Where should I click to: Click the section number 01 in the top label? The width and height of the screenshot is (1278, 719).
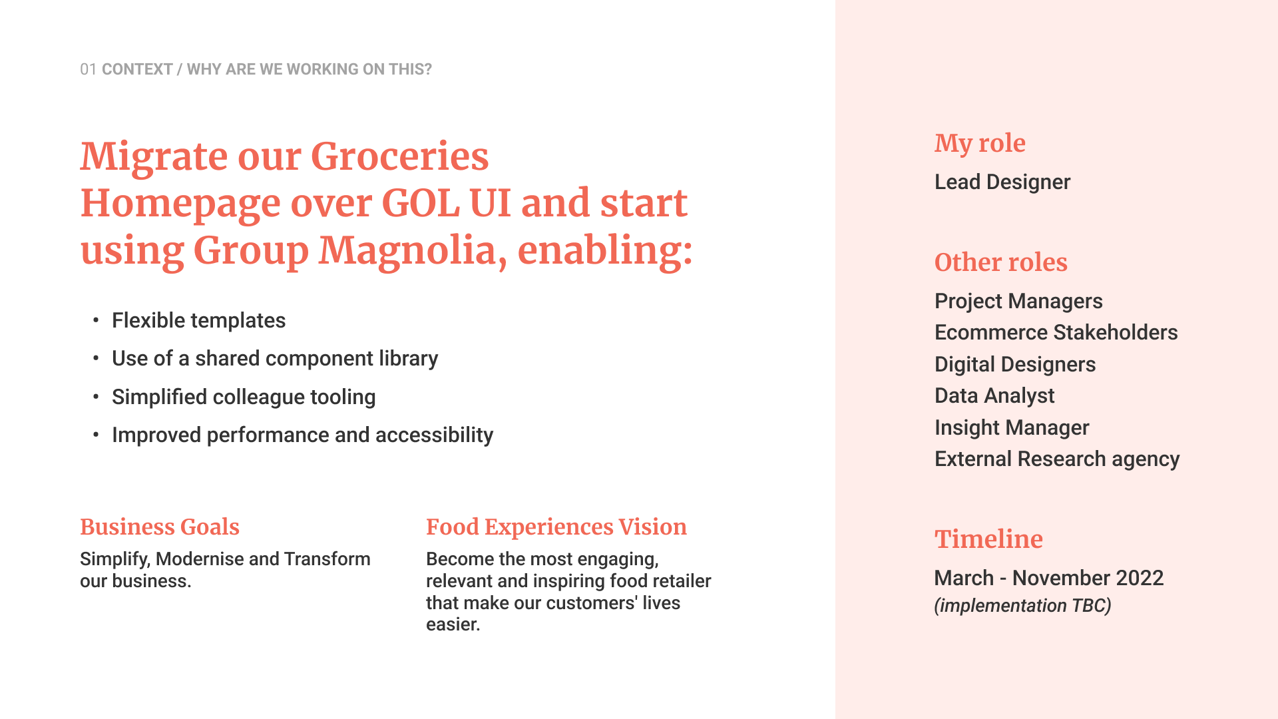pos(89,69)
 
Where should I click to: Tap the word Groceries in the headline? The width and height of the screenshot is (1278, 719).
pos(399,156)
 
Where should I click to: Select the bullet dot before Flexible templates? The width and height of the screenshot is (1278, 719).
pos(96,321)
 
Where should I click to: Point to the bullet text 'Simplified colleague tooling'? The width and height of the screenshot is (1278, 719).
pos(244,397)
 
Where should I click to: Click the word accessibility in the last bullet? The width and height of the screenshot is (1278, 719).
pos(434,435)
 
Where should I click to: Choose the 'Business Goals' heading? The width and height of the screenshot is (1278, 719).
pos(160,527)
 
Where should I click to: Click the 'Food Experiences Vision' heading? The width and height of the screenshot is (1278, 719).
pos(556,527)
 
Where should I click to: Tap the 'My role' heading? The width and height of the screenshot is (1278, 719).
pos(980,144)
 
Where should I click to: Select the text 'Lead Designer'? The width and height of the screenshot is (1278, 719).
pos(1002,182)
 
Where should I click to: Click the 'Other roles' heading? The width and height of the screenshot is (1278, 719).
pos(1001,262)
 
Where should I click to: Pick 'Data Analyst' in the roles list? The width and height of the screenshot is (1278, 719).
pos(994,395)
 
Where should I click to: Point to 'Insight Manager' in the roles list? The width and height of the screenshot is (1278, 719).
pos(1012,427)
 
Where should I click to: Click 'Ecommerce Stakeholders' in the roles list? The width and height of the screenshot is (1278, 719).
pos(1056,332)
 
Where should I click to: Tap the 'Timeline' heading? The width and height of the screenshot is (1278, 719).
pos(988,539)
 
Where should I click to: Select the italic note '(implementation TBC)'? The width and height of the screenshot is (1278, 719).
pos(1022,606)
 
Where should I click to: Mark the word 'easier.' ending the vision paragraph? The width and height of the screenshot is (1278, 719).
pos(453,624)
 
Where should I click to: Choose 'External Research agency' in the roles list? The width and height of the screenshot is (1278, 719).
pos(1057,459)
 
